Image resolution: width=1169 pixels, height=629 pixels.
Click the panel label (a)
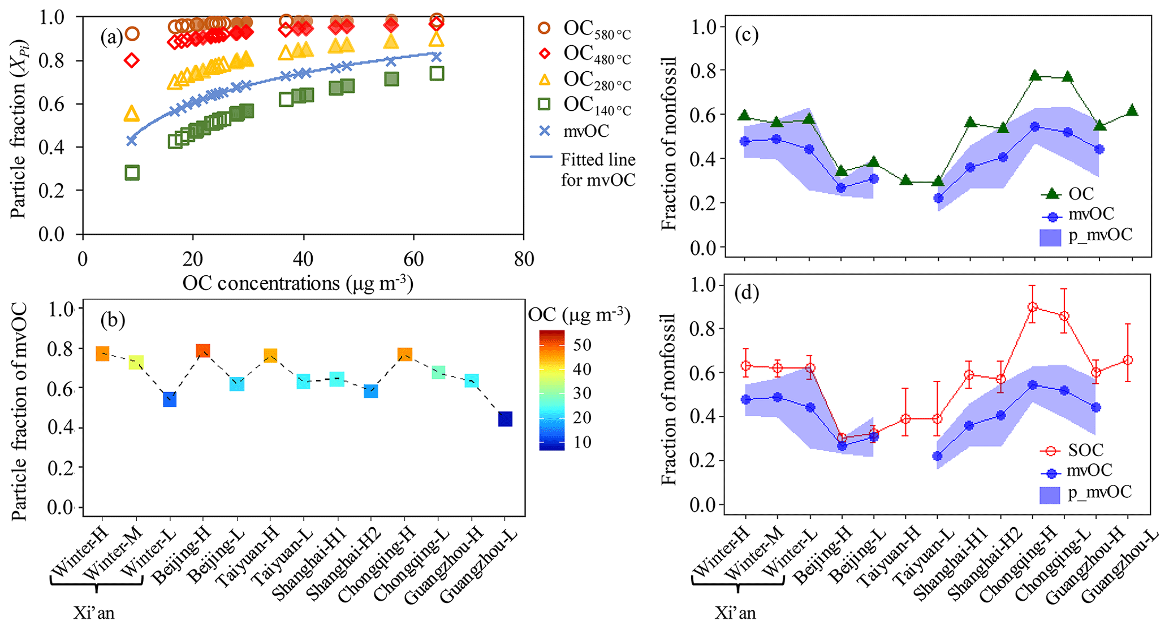(111, 38)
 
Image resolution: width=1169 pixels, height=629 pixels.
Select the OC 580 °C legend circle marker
(544, 28)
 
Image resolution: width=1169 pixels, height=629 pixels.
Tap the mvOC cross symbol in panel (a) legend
(544, 131)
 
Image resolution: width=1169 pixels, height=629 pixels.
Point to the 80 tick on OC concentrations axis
(524, 259)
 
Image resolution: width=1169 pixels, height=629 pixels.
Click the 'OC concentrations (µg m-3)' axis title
(297, 283)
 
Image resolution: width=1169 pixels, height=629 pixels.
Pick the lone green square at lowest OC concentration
(132, 173)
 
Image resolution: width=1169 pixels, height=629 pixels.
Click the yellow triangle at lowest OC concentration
(132, 114)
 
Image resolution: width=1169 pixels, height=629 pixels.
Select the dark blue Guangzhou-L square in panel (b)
(505, 419)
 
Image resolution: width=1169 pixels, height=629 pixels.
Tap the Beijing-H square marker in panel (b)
(202, 351)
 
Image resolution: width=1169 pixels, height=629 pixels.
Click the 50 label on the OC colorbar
(582, 345)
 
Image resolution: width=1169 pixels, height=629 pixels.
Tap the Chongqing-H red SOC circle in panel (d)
(1033, 307)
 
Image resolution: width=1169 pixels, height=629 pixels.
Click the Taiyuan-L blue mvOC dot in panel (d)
(938, 456)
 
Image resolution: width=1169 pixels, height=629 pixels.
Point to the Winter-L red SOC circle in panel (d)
(810, 368)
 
